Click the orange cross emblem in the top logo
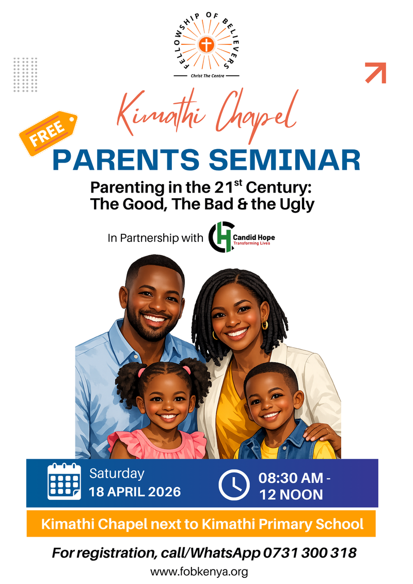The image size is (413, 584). click(206, 45)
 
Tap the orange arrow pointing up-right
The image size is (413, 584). click(376, 72)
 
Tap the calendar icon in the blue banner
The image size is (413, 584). click(64, 481)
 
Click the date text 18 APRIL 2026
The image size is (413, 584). click(135, 492)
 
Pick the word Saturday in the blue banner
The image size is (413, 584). click(117, 474)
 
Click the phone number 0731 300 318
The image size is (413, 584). click(310, 553)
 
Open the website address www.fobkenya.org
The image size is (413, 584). click(206, 572)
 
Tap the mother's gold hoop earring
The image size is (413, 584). click(265, 325)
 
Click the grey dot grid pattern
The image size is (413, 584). click(26, 74)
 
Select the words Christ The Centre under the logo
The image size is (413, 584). click(206, 75)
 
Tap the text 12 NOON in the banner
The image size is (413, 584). click(291, 494)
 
